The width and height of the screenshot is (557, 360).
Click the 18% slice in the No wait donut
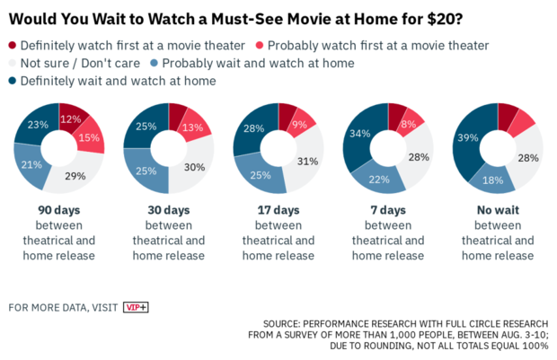tap(491, 180)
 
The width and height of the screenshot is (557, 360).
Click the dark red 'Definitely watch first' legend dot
tap(13, 46)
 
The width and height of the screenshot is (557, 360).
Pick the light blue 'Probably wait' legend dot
tap(155, 64)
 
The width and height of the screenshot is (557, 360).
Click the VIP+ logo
tap(136, 307)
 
